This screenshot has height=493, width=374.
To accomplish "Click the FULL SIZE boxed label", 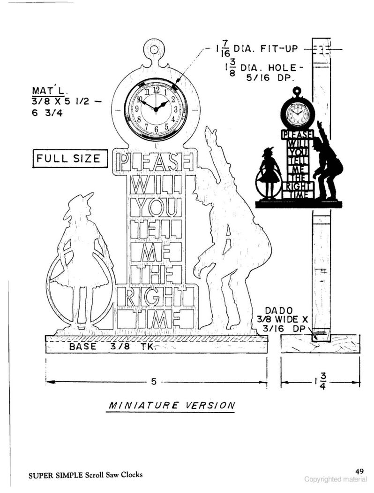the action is click(x=70, y=159).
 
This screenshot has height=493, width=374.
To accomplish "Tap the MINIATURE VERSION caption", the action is click(x=172, y=405).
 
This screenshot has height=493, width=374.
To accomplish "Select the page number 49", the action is click(x=359, y=471).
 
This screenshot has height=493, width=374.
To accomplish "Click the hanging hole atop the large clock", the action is click(x=154, y=50).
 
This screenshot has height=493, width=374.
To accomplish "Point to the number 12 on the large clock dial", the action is click(x=156, y=90).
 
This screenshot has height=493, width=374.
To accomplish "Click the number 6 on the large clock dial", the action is click(x=156, y=129).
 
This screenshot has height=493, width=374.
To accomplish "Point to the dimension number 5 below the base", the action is click(x=154, y=382).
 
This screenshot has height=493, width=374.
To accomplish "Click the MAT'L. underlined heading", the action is click(x=50, y=91).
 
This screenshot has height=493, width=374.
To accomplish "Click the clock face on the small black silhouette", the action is click(x=297, y=112).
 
